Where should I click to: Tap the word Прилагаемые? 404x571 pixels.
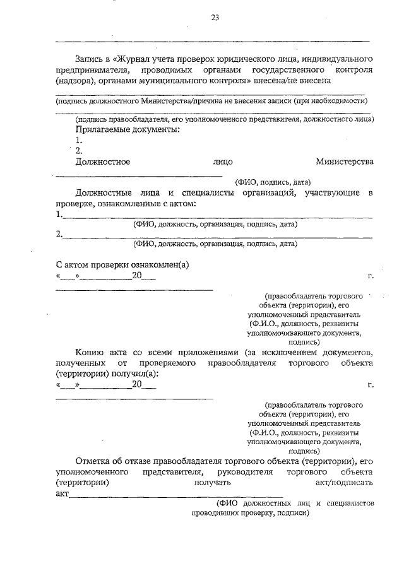[102, 129]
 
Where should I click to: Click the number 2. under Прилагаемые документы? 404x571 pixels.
[78, 151]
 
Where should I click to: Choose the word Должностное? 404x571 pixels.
[102, 162]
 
